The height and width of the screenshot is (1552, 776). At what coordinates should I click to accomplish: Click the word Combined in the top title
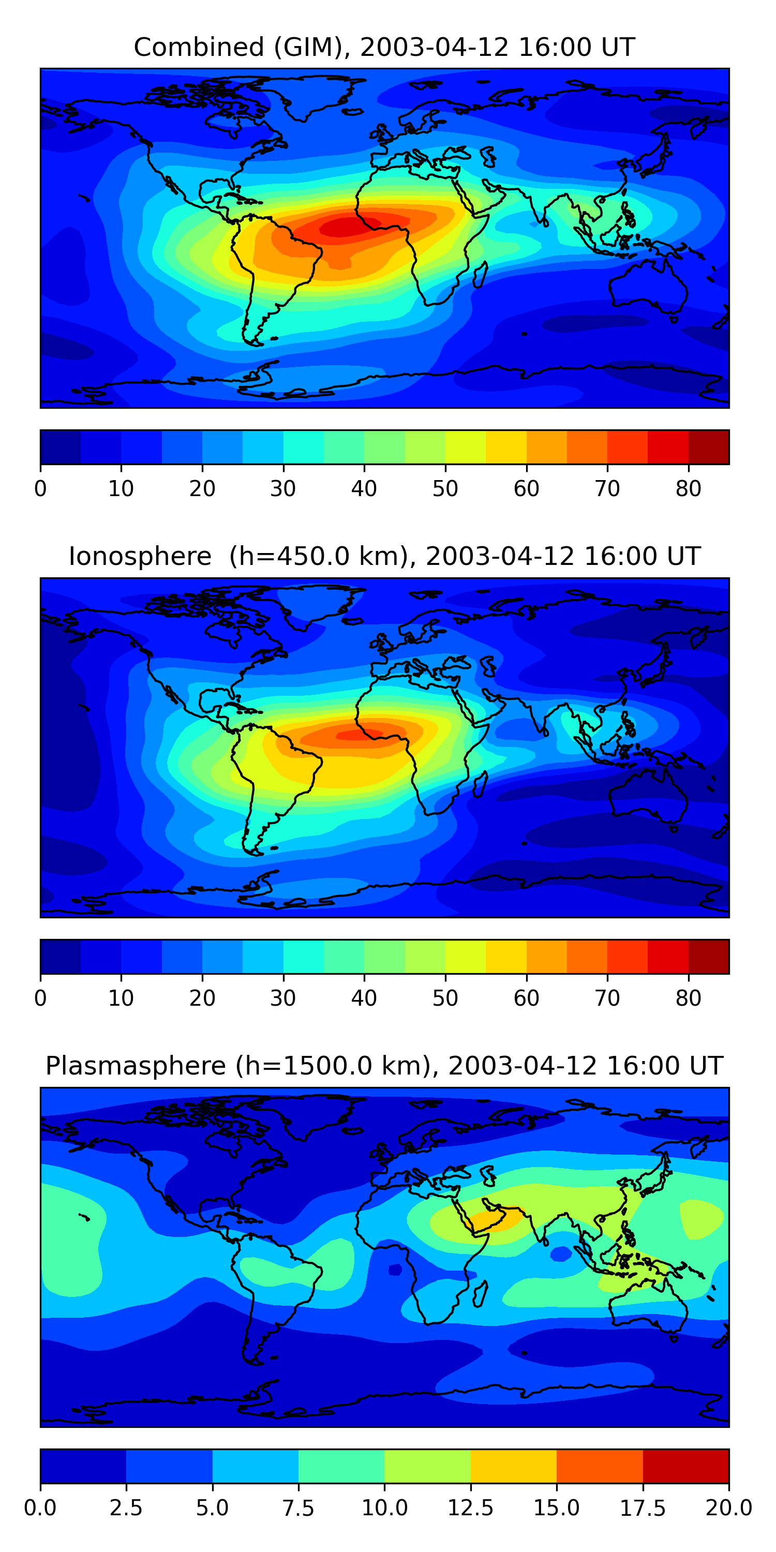tap(198, 47)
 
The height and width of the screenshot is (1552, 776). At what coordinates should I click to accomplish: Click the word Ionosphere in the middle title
tap(140, 556)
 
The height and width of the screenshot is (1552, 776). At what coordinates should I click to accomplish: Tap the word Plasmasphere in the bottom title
tap(136, 1066)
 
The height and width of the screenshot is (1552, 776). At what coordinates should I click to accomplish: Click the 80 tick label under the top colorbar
tap(688, 488)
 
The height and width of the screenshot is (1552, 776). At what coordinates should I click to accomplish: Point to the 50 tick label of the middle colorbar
tap(445, 998)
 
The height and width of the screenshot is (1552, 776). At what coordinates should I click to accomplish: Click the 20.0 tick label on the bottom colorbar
tap(728, 1508)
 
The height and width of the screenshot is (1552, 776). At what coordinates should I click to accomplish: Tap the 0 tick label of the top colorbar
tap(40, 488)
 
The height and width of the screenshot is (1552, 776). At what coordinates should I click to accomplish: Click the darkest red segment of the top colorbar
tap(709, 447)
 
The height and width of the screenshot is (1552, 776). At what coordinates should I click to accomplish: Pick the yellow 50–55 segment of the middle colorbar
tap(466, 957)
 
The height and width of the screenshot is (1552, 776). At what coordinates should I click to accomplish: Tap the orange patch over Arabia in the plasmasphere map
tap(488, 1219)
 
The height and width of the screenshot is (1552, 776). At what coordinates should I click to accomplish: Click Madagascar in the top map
tap(480, 275)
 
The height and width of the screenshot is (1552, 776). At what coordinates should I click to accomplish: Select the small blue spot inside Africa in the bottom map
tap(395, 1270)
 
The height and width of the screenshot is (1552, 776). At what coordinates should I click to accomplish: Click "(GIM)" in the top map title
tap(312, 47)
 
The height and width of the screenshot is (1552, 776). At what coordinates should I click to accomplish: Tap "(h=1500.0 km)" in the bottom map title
tap(333, 1066)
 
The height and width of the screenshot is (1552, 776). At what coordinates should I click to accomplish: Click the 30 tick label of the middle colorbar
tap(283, 998)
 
